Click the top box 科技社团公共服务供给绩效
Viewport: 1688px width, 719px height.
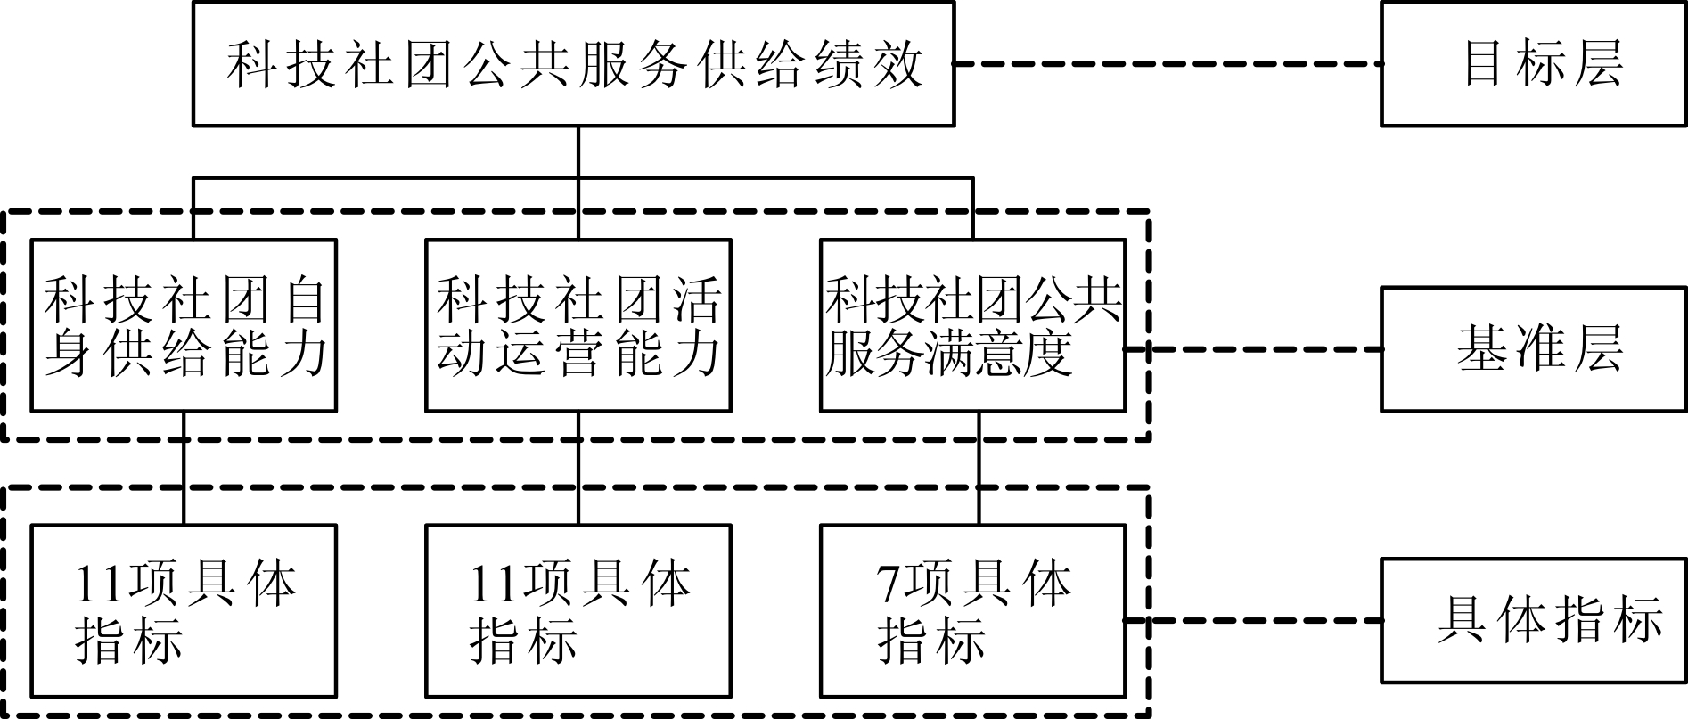click(573, 64)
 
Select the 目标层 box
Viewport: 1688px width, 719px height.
click(1533, 64)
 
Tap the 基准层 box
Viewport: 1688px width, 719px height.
click(1533, 348)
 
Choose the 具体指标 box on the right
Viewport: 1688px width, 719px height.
click(1533, 620)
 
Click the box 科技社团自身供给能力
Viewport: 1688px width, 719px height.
click(184, 325)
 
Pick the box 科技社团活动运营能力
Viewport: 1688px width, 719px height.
click(578, 325)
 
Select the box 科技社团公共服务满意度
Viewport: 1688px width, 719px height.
click(972, 325)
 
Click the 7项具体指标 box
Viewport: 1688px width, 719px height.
click(972, 610)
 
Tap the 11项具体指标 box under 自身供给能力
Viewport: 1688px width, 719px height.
click(184, 610)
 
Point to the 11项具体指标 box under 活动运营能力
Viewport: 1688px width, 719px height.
click(578, 610)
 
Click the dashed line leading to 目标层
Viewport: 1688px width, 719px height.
click(1168, 64)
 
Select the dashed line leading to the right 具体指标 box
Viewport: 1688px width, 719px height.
click(1252, 620)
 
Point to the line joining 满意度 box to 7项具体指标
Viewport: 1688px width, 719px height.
click(979, 468)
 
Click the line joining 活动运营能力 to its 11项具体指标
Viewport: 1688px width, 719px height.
click(578, 468)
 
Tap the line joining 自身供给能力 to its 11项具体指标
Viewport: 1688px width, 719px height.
click(184, 468)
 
